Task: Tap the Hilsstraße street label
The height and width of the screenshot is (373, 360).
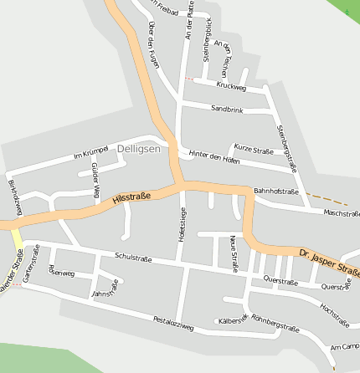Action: point(131,199)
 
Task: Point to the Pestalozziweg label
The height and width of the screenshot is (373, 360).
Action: point(173,323)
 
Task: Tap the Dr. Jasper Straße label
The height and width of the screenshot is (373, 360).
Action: point(329,260)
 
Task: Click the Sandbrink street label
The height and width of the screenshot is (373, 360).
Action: point(227,109)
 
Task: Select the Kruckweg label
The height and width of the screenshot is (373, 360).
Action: point(230,86)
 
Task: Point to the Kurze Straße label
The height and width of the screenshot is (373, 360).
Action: point(253,151)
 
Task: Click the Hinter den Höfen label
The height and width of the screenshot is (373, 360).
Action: point(214,157)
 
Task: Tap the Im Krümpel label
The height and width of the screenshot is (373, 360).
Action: point(91,154)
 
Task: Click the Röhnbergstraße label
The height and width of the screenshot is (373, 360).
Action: point(275,323)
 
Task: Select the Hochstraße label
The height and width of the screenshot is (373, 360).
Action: point(334,314)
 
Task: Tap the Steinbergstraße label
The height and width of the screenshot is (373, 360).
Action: point(287,148)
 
